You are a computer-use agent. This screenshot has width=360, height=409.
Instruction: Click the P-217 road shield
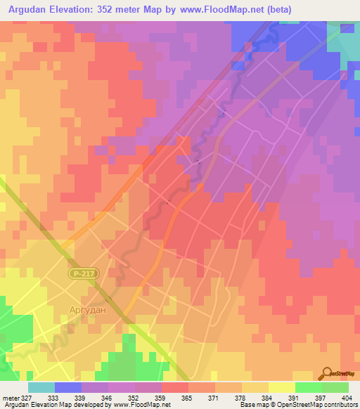point(82,272)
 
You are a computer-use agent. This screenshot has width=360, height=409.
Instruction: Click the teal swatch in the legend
point(41,387)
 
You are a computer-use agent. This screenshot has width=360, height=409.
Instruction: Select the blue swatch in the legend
point(68,387)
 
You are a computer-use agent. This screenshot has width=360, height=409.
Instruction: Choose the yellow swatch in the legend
point(282,387)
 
